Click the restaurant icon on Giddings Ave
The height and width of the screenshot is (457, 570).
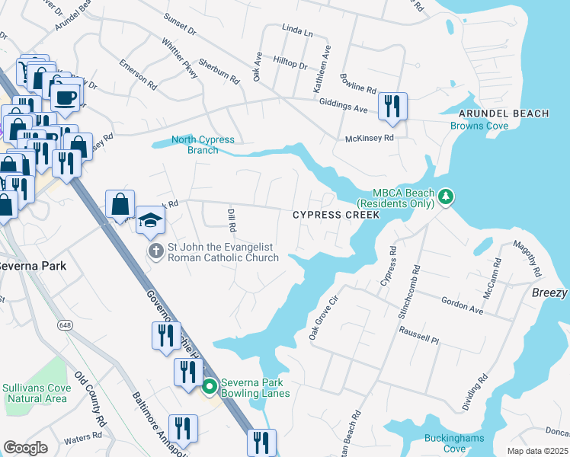tap(392, 107)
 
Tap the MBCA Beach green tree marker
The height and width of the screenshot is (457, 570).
tap(447, 199)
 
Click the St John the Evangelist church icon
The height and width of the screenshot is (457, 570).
tap(155, 251)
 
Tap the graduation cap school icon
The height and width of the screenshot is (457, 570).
tap(150, 220)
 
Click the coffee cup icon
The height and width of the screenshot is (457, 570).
tap(66, 96)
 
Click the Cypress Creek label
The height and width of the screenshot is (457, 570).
tap(336, 216)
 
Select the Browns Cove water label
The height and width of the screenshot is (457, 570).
tap(479, 126)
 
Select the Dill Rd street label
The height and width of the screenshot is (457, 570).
tap(230, 220)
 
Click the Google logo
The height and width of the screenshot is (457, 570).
tap(25, 448)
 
